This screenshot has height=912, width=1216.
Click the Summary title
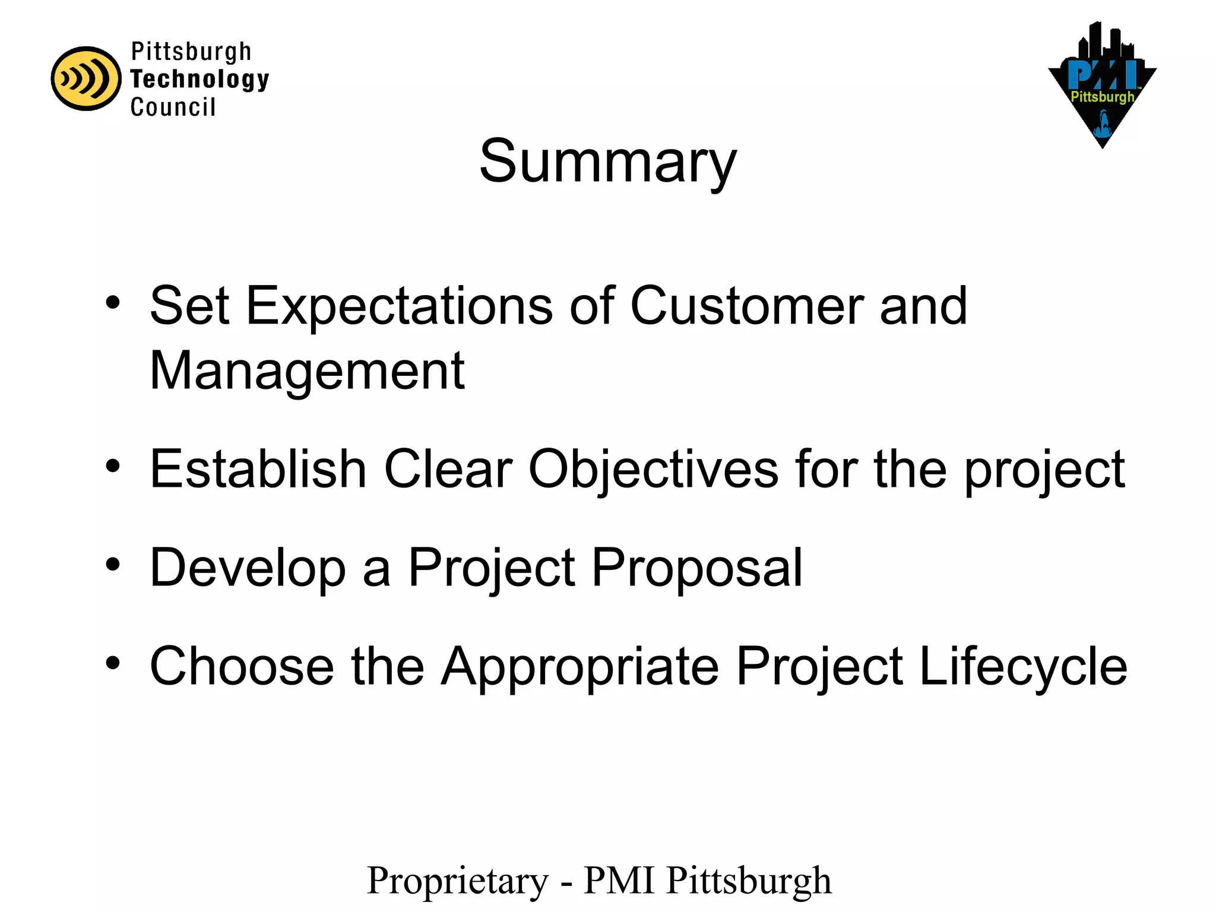point(607,161)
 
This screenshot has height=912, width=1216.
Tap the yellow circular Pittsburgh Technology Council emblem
point(86,79)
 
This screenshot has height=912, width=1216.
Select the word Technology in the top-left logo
point(199,80)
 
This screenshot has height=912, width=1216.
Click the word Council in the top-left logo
point(173,107)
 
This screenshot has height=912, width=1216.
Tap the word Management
point(307,371)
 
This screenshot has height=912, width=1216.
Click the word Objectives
point(653,470)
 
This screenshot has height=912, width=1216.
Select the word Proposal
point(697,569)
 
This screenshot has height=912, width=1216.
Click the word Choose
point(242,666)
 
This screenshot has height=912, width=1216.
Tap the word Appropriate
point(580,667)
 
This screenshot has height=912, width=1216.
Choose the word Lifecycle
point(1023,667)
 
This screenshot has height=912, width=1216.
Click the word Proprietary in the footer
point(458,881)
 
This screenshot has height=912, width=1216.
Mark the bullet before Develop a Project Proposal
point(113,565)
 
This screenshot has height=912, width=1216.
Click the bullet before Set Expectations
point(113,303)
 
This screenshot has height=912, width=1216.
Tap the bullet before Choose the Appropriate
point(113,663)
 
